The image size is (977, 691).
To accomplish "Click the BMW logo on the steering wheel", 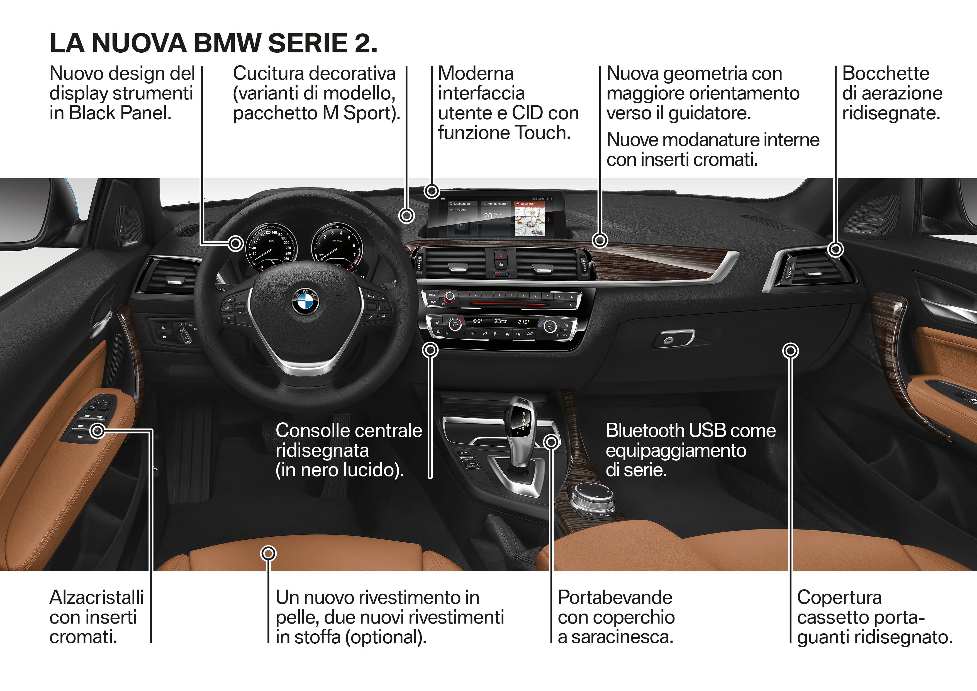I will [x=305, y=302].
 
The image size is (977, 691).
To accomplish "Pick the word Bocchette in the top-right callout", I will [x=886, y=74].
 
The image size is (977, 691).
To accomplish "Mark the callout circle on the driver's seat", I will [x=268, y=554].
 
